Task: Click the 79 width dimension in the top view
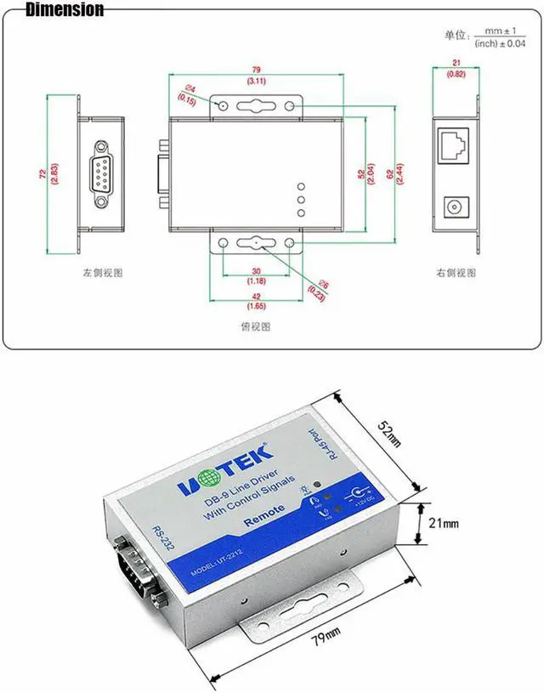coord(255,71)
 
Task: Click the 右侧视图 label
coord(456,274)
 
